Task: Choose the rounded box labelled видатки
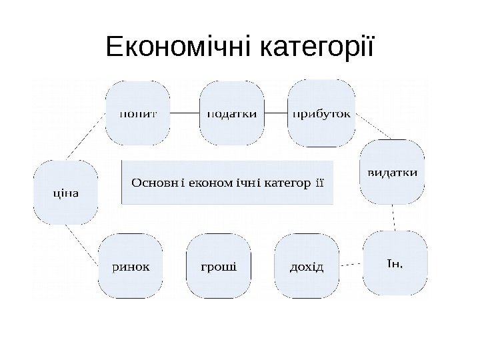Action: (x=393, y=171)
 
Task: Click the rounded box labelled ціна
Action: (x=66, y=193)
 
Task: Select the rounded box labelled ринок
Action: (x=131, y=267)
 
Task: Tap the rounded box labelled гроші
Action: (x=219, y=267)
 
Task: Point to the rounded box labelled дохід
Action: (x=306, y=267)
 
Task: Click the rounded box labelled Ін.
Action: (x=395, y=263)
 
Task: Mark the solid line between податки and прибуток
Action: (x=276, y=113)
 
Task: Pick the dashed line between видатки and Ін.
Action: (x=395, y=217)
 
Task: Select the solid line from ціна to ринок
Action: (x=82, y=243)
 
